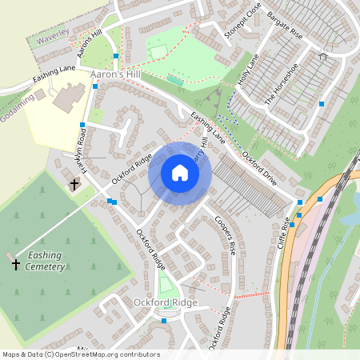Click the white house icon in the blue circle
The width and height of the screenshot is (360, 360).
[x=180, y=173]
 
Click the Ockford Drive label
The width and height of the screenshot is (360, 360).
[x=258, y=168]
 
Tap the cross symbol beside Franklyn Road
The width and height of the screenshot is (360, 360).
[x=74, y=185]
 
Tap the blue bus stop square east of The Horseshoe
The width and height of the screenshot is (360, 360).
[x=322, y=104]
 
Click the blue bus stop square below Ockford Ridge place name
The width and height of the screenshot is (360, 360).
[x=163, y=321]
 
